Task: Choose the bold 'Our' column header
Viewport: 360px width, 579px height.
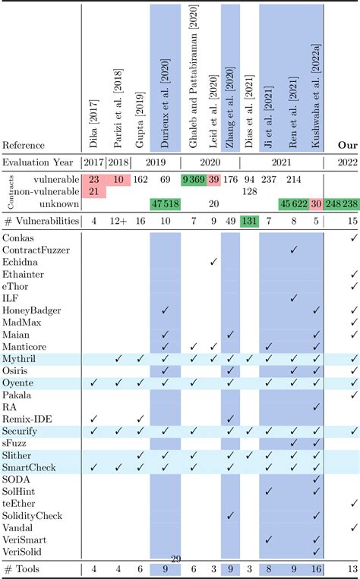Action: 346,145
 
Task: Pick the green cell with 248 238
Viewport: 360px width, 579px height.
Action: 339,204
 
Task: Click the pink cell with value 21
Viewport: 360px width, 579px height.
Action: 94,191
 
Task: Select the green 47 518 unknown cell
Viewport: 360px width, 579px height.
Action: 165,204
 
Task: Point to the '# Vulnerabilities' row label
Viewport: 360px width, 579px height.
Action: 39,221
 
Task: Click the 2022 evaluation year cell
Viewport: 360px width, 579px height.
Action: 346,162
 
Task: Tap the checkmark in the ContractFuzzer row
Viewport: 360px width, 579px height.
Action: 293,272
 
